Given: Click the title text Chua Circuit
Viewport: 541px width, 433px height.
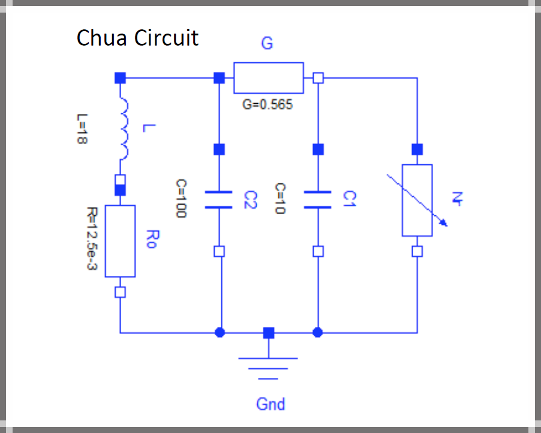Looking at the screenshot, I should click(x=137, y=38).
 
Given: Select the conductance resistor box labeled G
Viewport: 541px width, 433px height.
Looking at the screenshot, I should click(x=268, y=78).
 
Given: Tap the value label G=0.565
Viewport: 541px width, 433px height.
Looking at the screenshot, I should click(x=268, y=104).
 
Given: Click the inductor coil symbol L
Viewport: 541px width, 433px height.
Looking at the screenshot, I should click(x=124, y=130).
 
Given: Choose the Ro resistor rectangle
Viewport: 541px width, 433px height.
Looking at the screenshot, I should click(x=120, y=241).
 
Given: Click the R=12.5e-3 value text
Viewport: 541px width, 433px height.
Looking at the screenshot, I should click(x=91, y=239).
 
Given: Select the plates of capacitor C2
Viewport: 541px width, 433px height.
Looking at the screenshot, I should click(x=219, y=200).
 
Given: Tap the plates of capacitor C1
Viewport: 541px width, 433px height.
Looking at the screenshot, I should click(x=318, y=200).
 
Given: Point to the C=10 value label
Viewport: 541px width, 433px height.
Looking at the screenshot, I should click(x=280, y=199).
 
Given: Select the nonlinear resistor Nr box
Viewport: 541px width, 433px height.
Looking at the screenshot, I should click(x=417, y=200).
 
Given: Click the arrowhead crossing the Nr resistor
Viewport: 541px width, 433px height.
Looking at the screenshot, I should click(x=444, y=224).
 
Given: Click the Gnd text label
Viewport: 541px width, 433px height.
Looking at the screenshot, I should click(x=270, y=404).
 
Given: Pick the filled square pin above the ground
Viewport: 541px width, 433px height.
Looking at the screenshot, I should click(x=269, y=332).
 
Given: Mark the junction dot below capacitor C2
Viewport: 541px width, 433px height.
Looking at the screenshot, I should click(x=220, y=332).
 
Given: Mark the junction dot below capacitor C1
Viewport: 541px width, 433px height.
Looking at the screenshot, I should click(x=318, y=332).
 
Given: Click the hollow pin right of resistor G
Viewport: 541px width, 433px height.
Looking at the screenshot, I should click(x=318, y=78).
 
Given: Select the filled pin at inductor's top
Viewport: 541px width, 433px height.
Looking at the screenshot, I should click(x=120, y=78).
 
